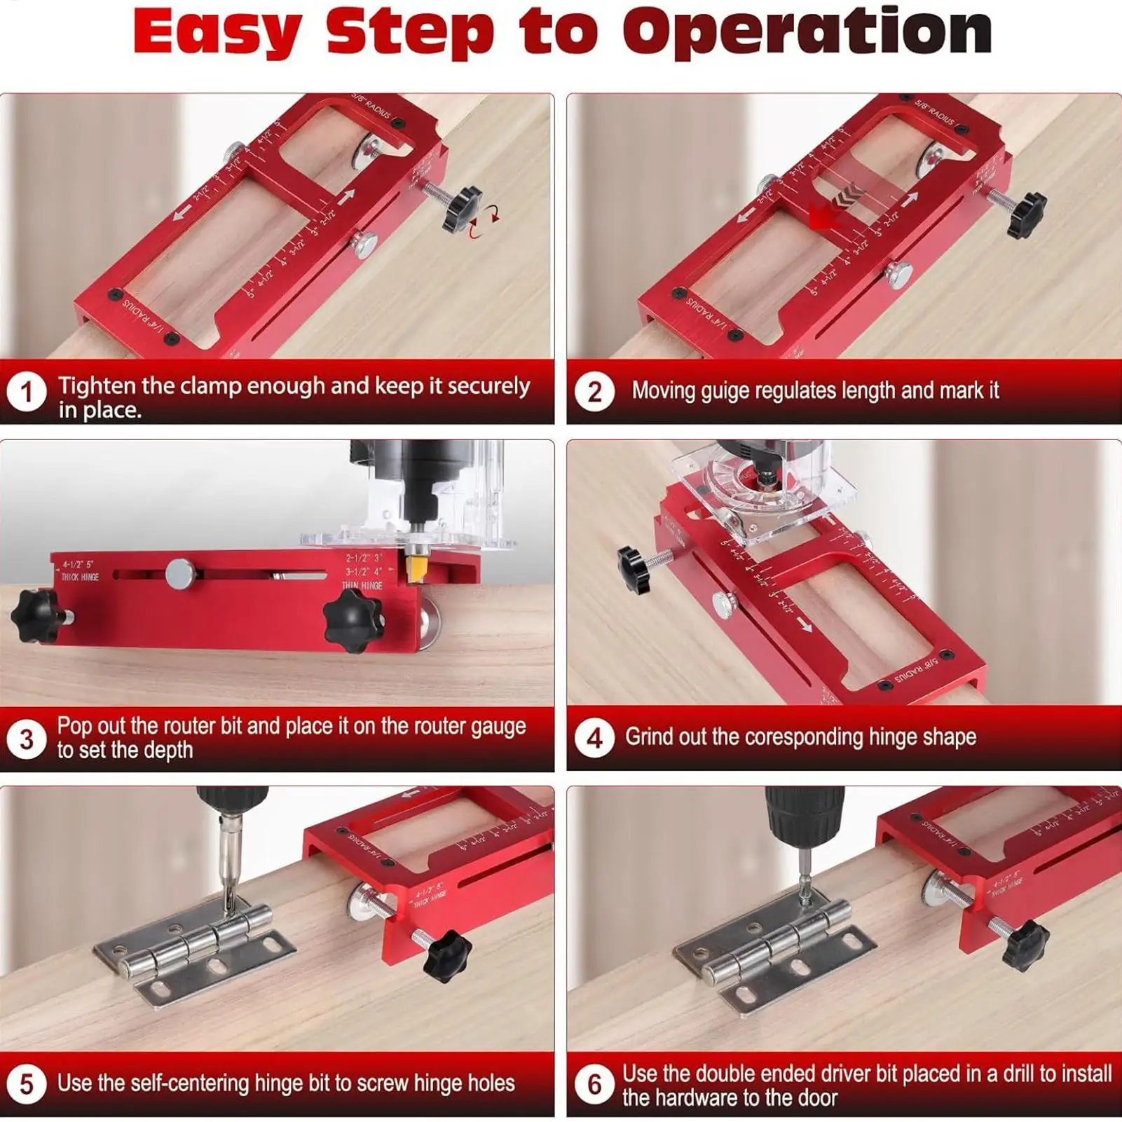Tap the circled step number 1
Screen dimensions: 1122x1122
coord(27,392)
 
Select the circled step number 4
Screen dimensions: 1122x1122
coord(594,738)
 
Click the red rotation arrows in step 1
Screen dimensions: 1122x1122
coord(484,220)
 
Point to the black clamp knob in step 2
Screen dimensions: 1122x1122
coord(1026,215)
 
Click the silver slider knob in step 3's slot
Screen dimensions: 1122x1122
coord(180,574)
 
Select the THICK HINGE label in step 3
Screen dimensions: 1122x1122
coord(80,577)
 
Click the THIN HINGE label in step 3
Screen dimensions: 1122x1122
coord(362,584)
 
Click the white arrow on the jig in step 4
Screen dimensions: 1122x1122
coord(805,624)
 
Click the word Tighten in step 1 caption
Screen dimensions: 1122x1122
coord(97,385)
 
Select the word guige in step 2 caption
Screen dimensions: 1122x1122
coord(726,390)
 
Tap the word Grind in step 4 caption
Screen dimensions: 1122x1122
coord(648,737)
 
